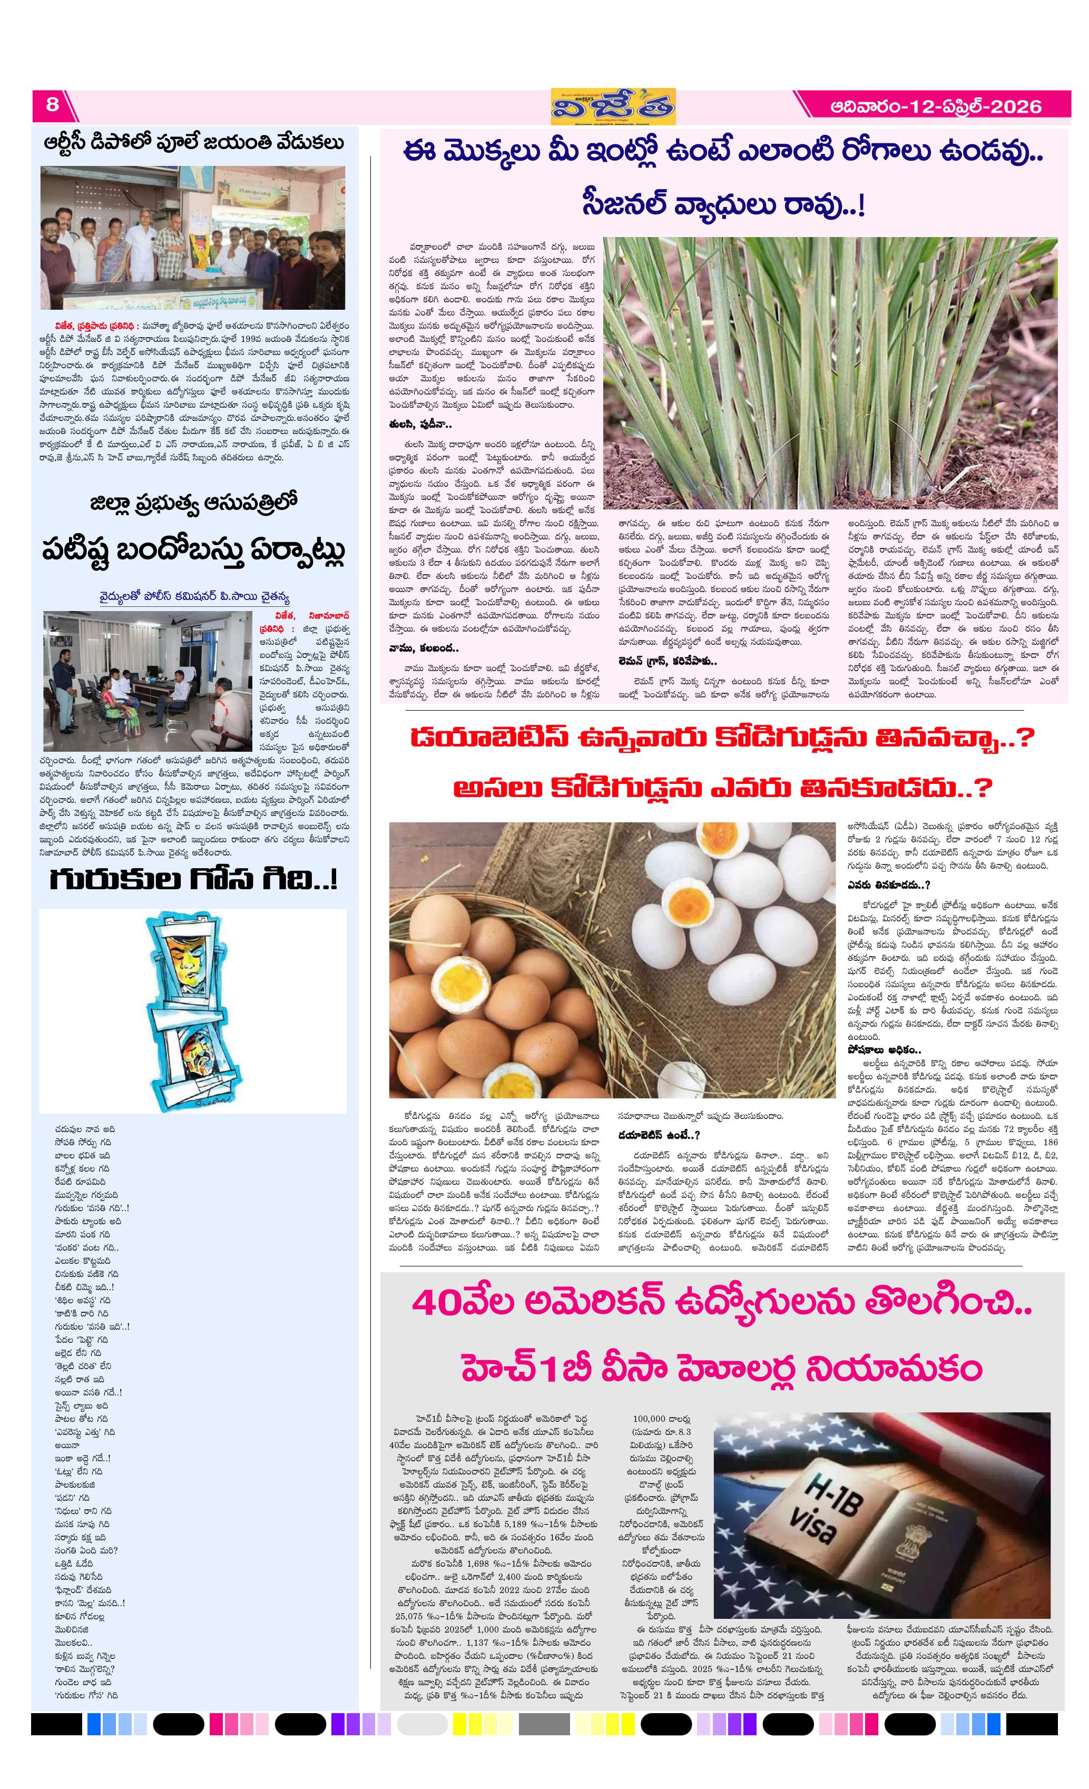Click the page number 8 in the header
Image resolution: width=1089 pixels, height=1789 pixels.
point(52,104)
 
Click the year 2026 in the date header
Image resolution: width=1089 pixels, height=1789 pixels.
point(1016,107)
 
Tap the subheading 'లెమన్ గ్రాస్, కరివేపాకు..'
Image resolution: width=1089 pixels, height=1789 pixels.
point(667,662)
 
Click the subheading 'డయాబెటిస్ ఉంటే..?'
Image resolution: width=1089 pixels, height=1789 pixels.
point(659,1135)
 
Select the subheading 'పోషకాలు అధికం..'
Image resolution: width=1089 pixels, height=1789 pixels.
point(884,1050)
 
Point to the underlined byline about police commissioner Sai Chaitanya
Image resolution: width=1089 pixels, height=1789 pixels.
point(194,597)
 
